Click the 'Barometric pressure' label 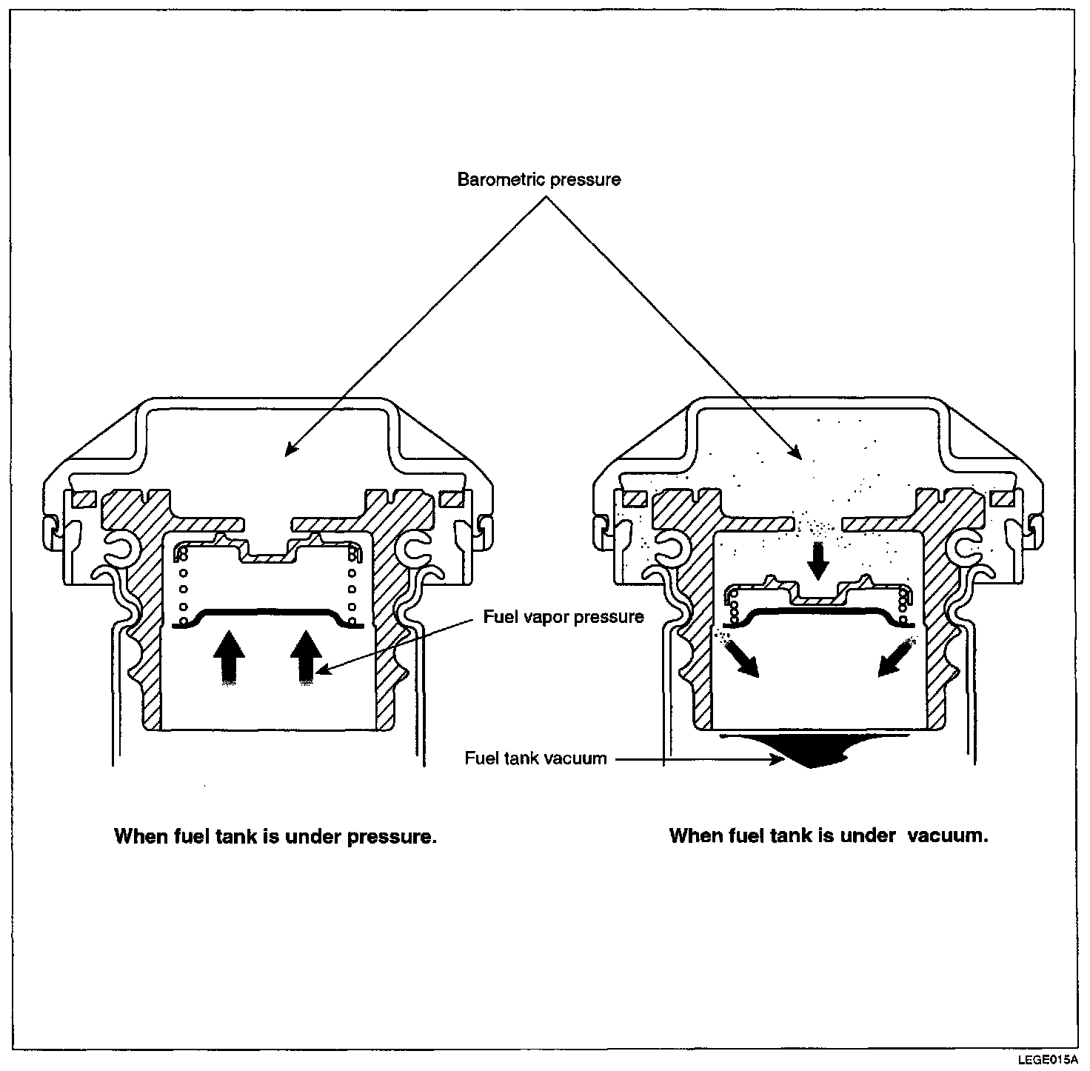[538, 180]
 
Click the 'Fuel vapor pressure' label [564, 617]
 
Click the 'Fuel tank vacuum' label [535, 758]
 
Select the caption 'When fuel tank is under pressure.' [275, 836]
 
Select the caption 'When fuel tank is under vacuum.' [829, 835]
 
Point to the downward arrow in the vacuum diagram [817, 561]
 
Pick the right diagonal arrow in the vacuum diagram [893, 658]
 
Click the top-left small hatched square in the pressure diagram [81, 499]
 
